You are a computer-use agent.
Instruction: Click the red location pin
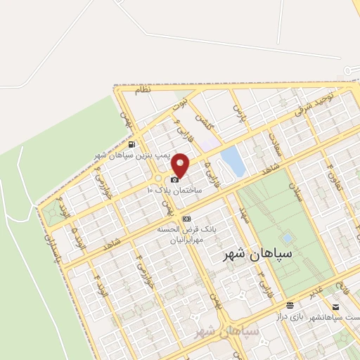tap(181, 165)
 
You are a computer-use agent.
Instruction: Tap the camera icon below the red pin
tap(175, 180)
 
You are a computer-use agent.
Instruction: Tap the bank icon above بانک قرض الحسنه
tap(186, 219)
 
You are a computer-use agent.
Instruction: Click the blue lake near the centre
tap(233, 161)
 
